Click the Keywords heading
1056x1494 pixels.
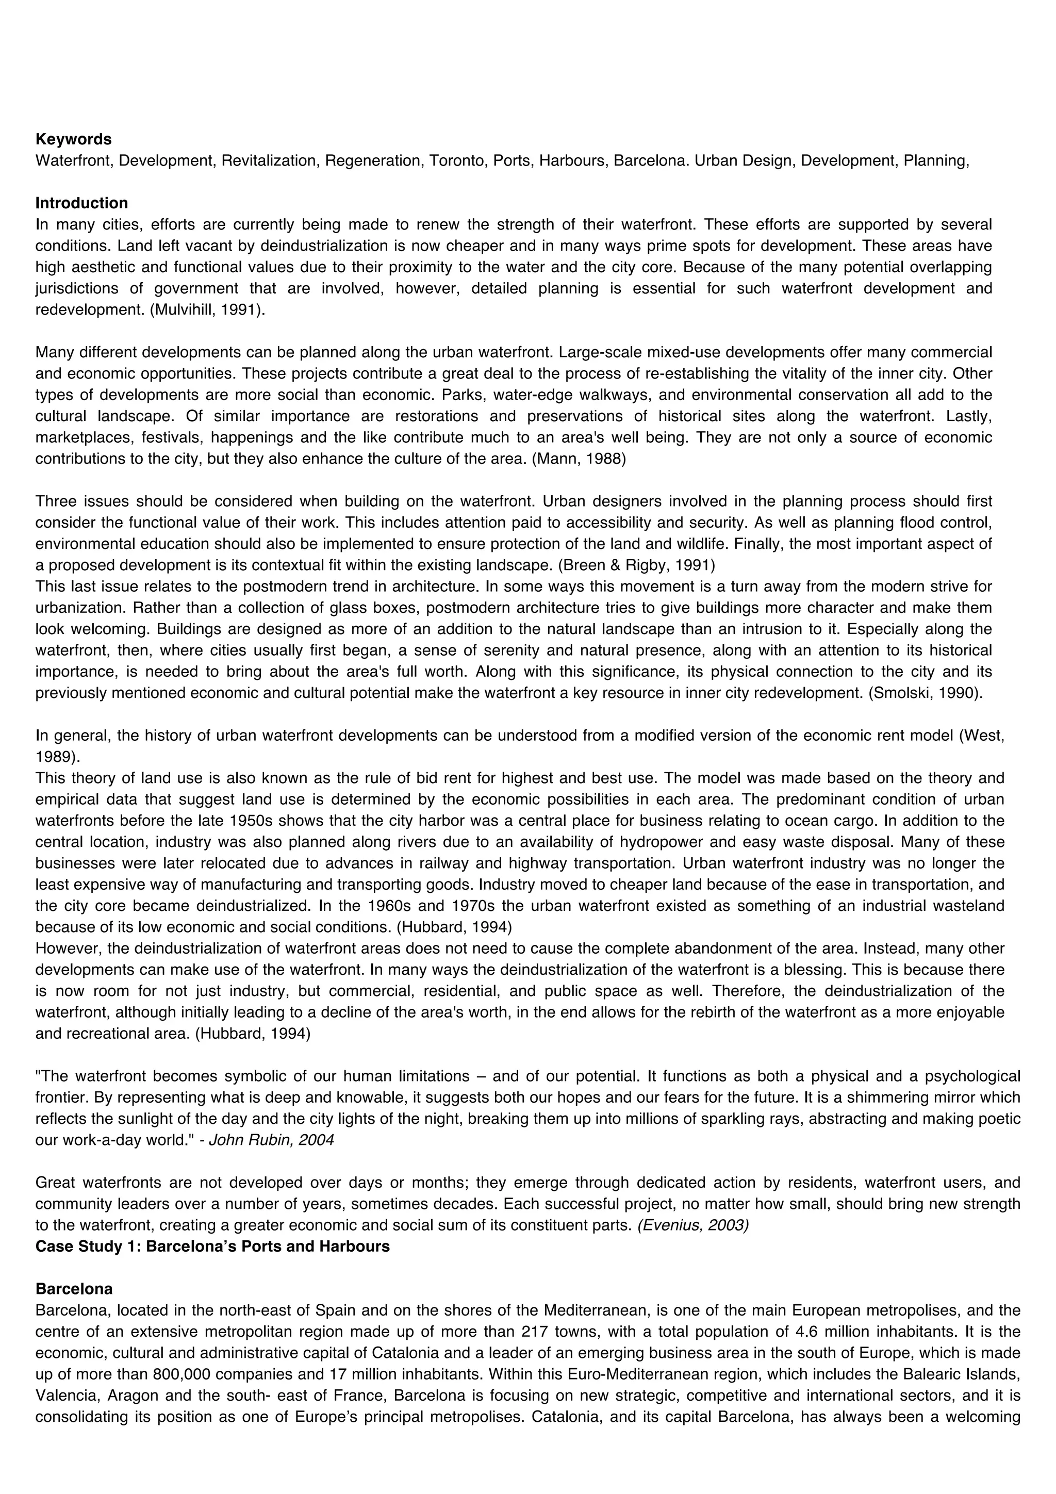(x=73, y=139)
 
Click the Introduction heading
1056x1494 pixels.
(x=81, y=203)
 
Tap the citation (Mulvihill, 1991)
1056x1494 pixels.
(x=207, y=310)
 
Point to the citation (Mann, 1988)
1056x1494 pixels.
(x=579, y=459)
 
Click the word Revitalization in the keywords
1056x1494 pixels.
(x=268, y=161)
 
